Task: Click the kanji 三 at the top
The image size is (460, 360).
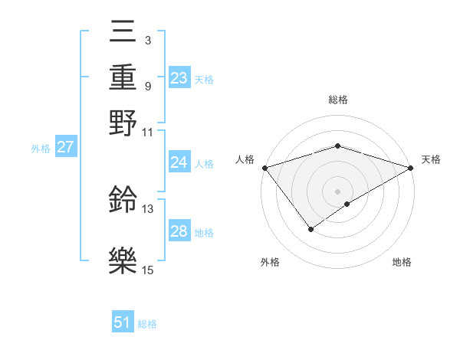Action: click(x=123, y=31)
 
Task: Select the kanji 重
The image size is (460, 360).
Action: click(x=123, y=77)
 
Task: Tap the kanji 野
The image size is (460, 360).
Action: click(x=123, y=123)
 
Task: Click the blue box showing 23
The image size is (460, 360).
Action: click(x=179, y=78)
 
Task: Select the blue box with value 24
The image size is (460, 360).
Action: click(x=179, y=162)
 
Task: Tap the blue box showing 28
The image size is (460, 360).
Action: click(x=179, y=231)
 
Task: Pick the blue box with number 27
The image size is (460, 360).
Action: click(x=65, y=147)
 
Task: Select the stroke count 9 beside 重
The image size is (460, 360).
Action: click(x=147, y=86)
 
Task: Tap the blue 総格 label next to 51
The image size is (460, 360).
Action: click(x=146, y=324)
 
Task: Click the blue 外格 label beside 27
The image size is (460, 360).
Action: click(x=41, y=148)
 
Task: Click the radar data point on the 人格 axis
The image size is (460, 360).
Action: click(x=264, y=168)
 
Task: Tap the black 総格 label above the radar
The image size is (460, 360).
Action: click(x=337, y=100)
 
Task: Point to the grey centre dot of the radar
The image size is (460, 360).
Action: click(x=337, y=191)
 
